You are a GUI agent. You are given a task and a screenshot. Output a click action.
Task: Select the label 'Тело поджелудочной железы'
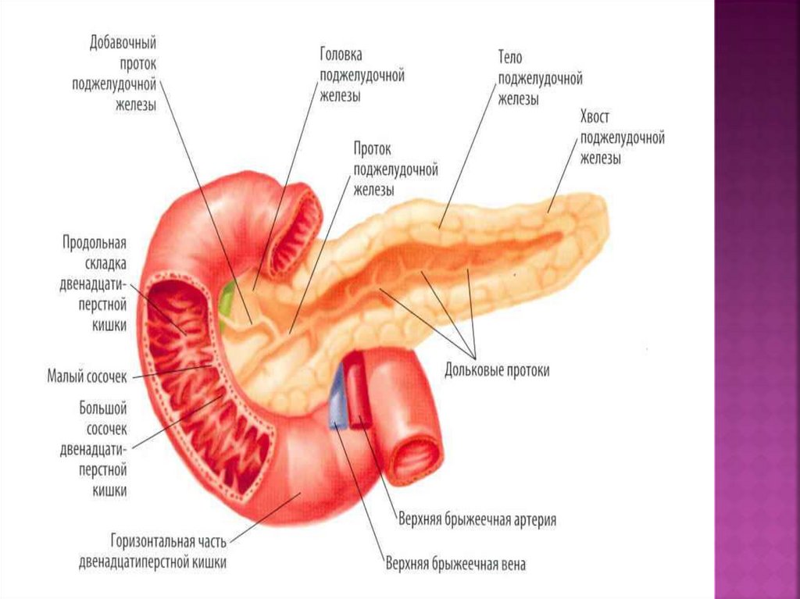540,78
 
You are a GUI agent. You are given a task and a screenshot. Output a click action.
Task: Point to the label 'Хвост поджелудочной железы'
621,137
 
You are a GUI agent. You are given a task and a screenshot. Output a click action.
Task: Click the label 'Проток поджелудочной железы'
395,168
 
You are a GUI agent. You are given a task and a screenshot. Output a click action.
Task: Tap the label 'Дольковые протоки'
497,370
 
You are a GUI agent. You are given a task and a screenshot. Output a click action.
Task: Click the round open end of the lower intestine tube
415,458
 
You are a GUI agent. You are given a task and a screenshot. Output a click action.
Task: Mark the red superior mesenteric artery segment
356,390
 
